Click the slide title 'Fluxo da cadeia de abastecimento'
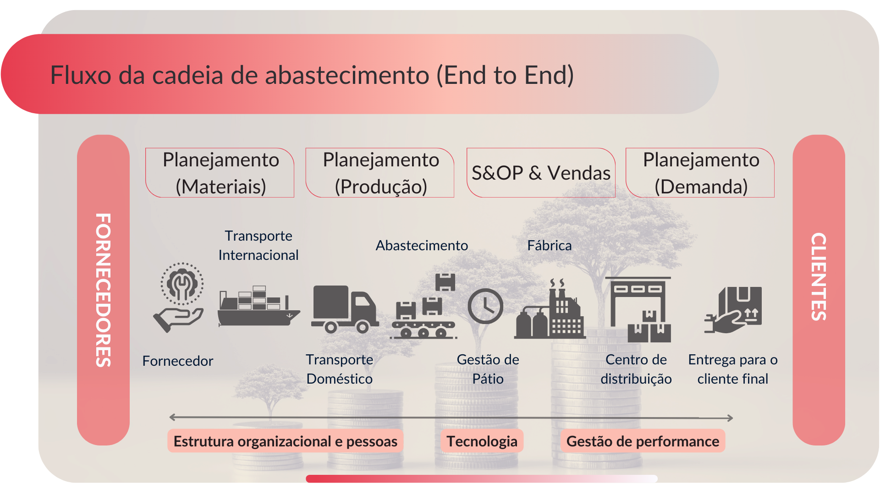(312, 75)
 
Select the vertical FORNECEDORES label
(104, 290)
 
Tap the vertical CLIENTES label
(819, 276)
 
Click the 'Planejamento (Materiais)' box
(220, 173)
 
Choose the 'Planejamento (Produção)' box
(380, 173)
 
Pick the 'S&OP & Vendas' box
(541, 173)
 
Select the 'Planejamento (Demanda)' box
(701, 173)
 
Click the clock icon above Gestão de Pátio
(485, 306)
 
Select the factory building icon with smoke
(550, 312)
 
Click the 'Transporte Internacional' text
(258, 245)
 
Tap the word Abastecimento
(422, 246)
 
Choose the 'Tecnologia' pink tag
(482, 441)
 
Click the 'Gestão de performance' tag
(643, 441)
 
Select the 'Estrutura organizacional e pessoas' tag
(285, 441)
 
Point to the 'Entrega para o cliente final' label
(732, 369)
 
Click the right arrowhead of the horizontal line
(730, 418)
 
